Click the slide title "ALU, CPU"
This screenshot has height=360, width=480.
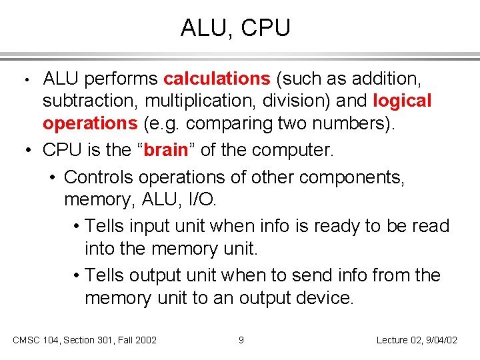click(235, 28)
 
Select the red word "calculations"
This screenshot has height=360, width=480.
click(217, 79)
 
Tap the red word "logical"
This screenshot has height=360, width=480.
click(403, 101)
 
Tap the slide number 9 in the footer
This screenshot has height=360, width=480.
click(241, 340)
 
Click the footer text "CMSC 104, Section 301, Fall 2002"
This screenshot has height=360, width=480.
click(85, 340)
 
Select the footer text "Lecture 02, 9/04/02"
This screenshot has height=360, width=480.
click(417, 340)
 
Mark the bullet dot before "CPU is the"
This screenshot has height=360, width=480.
click(29, 151)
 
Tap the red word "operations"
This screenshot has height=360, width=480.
click(89, 124)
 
